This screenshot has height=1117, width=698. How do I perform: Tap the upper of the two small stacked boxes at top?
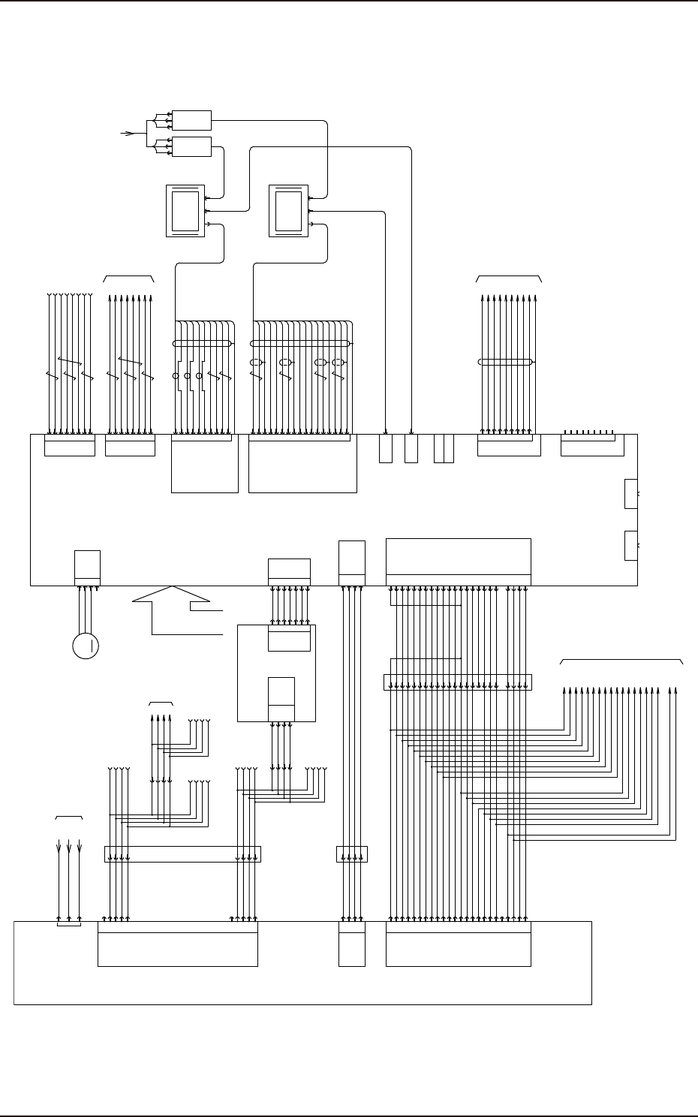[x=191, y=120]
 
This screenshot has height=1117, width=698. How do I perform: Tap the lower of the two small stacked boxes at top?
[x=191, y=147]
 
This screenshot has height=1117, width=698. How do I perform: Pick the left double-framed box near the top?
[x=185, y=211]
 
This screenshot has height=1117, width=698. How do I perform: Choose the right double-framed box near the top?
[x=288, y=211]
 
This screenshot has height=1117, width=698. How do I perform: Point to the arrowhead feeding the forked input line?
[x=129, y=134]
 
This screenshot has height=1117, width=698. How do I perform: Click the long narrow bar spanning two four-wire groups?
[x=182, y=854]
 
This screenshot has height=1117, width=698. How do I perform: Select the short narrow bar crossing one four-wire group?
[x=351, y=854]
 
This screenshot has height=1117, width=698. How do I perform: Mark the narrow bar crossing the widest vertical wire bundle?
[x=457, y=682]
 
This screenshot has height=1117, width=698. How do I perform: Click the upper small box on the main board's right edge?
[x=630, y=493]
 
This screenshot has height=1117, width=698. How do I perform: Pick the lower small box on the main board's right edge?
[x=630, y=545]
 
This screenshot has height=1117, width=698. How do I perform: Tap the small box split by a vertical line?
[x=444, y=448]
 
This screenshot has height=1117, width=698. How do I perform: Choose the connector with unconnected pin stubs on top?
[x=593, y=446]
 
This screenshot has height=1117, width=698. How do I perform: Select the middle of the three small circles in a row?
[x=188, y=375]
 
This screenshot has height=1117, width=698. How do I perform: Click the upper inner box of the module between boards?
[x=289, y=640]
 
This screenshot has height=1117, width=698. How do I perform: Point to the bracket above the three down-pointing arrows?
[x=69, y=816]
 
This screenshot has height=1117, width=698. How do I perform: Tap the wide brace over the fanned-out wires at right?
[x=622, y=661]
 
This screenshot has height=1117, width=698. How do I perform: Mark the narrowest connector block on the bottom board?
[x=351, y=944]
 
